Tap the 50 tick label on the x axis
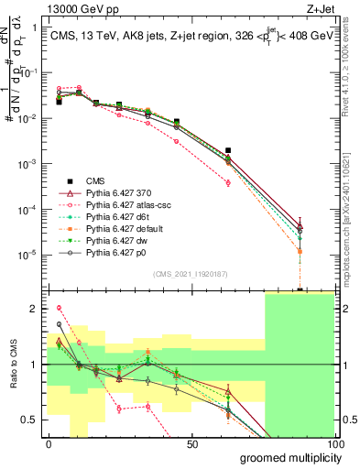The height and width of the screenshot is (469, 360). click(192, 443)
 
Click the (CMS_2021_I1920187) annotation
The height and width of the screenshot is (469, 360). click(190, 273)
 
